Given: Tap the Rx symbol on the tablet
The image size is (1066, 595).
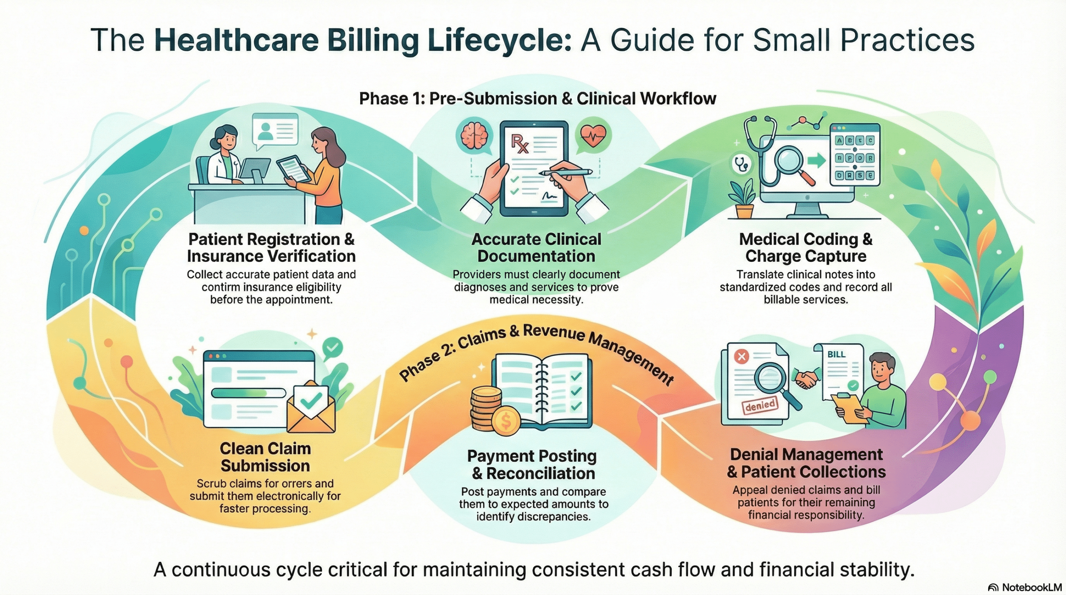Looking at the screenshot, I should (x=520, y=144).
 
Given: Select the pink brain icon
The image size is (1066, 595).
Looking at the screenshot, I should (x=474, y=136).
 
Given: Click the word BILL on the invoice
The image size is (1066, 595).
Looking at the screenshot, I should (x=836, y=354).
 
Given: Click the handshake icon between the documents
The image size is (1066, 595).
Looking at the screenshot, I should (x=806, y=378).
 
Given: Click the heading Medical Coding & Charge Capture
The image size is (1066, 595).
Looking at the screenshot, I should (x=806, y=248).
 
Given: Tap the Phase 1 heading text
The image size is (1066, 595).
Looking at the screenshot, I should (x=537, y=99).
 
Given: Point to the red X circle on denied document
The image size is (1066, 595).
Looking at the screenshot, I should (x=742, y=356).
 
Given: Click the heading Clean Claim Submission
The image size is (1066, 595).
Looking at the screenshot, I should (x=265, y=457).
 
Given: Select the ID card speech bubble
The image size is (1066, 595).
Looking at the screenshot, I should (x=275, y=130).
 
